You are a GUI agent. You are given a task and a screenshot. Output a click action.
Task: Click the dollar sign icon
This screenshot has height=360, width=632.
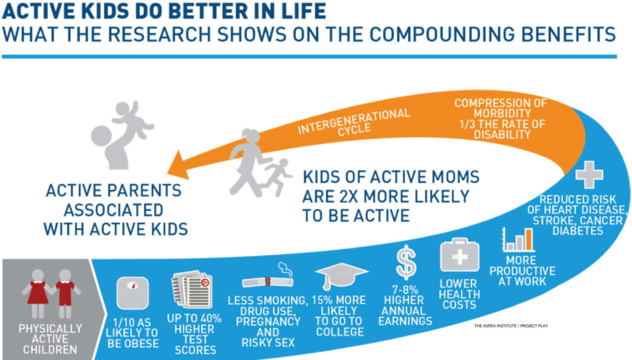pos(406,262)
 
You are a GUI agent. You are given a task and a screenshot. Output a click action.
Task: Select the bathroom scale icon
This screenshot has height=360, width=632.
pos(133,293)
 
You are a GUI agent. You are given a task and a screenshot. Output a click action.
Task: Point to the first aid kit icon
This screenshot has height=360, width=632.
pos(459,255)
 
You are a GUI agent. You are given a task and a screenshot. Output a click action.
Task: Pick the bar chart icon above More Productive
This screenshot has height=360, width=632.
pos(518,240)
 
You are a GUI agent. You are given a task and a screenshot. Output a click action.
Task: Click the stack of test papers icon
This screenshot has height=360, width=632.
pos(193,290)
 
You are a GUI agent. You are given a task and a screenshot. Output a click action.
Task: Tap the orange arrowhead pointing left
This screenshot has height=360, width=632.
pos(180,165)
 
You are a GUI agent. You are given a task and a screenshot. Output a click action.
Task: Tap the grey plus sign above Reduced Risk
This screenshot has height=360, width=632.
pos(589,175)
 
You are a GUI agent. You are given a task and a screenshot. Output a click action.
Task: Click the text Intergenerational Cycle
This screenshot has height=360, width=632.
pos(354,122)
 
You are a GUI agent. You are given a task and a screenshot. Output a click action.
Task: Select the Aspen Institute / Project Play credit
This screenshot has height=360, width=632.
pos(510,326)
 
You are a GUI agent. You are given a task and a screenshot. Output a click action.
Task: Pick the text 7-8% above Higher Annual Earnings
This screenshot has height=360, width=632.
pos(405,290)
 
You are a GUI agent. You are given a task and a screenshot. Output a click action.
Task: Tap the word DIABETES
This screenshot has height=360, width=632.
pos(578,231)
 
